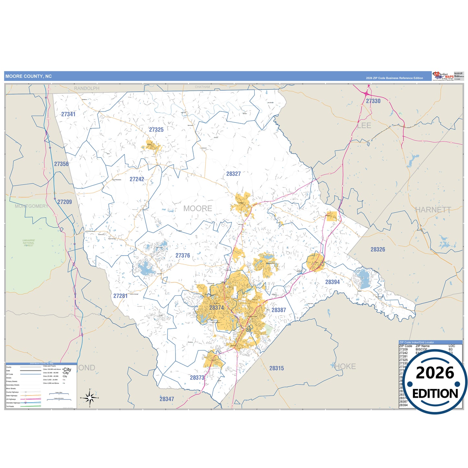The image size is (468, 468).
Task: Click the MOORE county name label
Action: pos(198,209)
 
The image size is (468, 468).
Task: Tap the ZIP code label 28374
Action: pos(216,308)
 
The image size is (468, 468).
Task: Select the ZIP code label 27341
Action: pos(68,114)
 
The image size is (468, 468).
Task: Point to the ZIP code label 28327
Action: pos(233,174)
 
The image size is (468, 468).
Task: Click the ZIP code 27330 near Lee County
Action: pos(373,101)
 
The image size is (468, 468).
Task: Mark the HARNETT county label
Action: pos(433,210)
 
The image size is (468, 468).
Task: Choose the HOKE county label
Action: pos(345,366)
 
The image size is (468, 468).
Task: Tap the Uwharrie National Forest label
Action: pos(29,243)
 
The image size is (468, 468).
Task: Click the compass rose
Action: pos(90,397)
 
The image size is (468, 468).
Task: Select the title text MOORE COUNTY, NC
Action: pos(29,76)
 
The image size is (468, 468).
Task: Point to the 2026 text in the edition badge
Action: pos(435,373)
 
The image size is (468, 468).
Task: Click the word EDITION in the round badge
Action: pos(435,394)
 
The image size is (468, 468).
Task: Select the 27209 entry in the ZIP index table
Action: pos(403,349)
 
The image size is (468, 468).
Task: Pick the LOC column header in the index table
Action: pos(451,346)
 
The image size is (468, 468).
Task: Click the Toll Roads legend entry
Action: pos(10,406)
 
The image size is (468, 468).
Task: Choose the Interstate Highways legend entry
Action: pos(13,403)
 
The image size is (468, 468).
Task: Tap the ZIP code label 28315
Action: pos(276,368)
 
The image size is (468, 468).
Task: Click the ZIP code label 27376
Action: pos(183,256)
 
